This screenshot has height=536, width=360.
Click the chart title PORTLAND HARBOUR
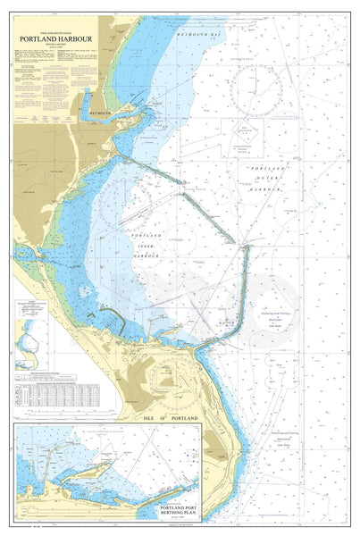[x=54, y=40]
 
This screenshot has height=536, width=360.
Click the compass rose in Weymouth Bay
[x=255, y=90]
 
